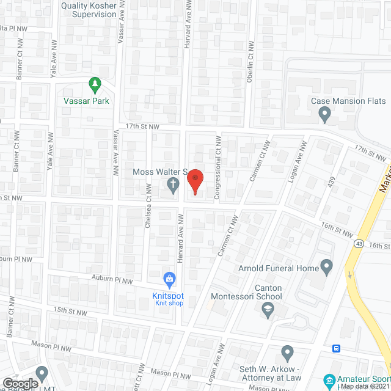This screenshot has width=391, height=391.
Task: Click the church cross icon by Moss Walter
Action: (x=174, y=185)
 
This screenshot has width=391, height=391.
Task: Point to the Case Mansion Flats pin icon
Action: (x=325, y=113)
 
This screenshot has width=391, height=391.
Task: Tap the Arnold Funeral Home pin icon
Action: (x=326, y=268)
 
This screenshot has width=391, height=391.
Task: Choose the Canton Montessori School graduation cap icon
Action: (x=267, y=312)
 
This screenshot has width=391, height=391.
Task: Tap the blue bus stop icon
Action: (x=336, y=348)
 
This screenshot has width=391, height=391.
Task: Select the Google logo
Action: (x=21, y=383)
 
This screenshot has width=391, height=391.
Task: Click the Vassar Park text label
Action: (x=87, y=101)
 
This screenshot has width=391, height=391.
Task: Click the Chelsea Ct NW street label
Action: (x=148, y=211)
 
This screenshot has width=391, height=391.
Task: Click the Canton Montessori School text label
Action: (x=247, y=293)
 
